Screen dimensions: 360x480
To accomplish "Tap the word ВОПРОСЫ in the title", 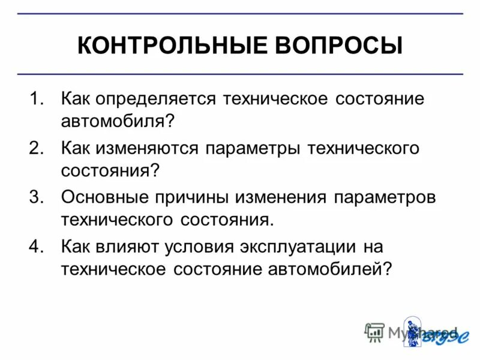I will pos(338,46).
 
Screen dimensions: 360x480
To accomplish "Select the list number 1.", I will pos(37,98).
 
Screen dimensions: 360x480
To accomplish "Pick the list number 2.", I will pos(37,148).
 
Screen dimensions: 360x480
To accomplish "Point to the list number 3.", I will pos(37,197).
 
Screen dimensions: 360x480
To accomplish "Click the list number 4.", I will pos(37,246).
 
